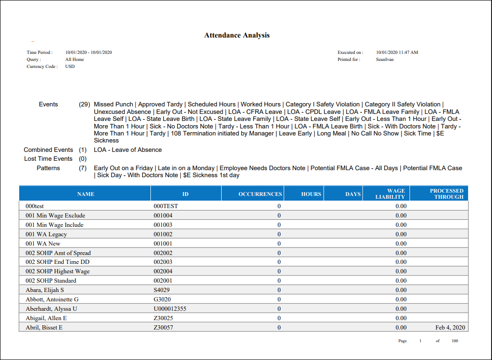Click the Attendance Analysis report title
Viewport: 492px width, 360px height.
click(x=237, y=35)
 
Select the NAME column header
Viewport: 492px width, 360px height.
click(x=86, y=194)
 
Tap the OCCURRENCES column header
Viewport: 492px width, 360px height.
click(x=260, y=194)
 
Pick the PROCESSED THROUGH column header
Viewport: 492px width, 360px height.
click(x=447, y=194)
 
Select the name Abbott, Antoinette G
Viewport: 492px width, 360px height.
click(x=52, y=300)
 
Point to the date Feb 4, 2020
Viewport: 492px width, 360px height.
click(x=450, y=328)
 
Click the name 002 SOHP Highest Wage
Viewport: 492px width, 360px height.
click(x=57, y=271)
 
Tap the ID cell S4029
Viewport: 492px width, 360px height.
click(x=162, y=290)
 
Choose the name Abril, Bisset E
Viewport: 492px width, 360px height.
click(x=44, y=328)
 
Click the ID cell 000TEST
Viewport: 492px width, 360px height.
click(x=166, y=206)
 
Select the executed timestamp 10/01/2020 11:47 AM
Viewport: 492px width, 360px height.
click(x=397, y=52)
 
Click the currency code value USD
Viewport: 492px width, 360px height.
click(x=70, y=67)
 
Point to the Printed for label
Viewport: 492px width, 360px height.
click(x=349, y=60)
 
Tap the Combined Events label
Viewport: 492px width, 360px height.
click(x=48, y=150)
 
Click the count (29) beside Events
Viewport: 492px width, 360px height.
click(x=84, y=105)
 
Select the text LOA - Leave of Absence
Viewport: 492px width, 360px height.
click(x=127, y=150)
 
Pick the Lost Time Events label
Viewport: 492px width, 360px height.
click(x=48, y=159)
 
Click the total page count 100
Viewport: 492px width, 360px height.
click(x=455, y=341)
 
